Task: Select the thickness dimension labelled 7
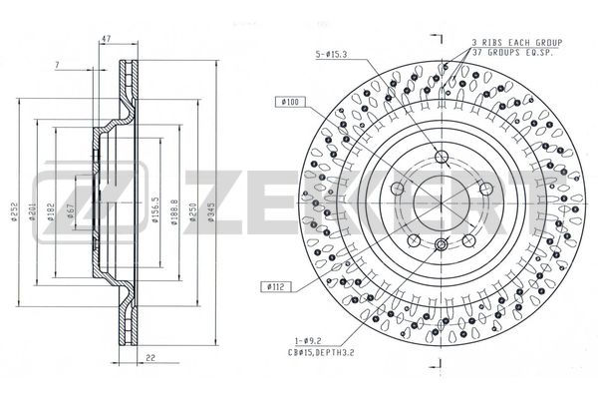tap(58, 66)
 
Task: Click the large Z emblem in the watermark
tap(62, 194)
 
